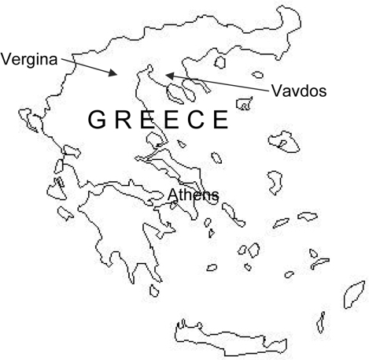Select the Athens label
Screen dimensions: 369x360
193,195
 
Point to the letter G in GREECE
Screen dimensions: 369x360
96,121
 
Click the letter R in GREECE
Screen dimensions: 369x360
120,121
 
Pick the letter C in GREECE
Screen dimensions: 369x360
193,121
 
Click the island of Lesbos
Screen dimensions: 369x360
283,142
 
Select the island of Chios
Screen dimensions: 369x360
275,181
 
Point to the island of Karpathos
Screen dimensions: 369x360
320,321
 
